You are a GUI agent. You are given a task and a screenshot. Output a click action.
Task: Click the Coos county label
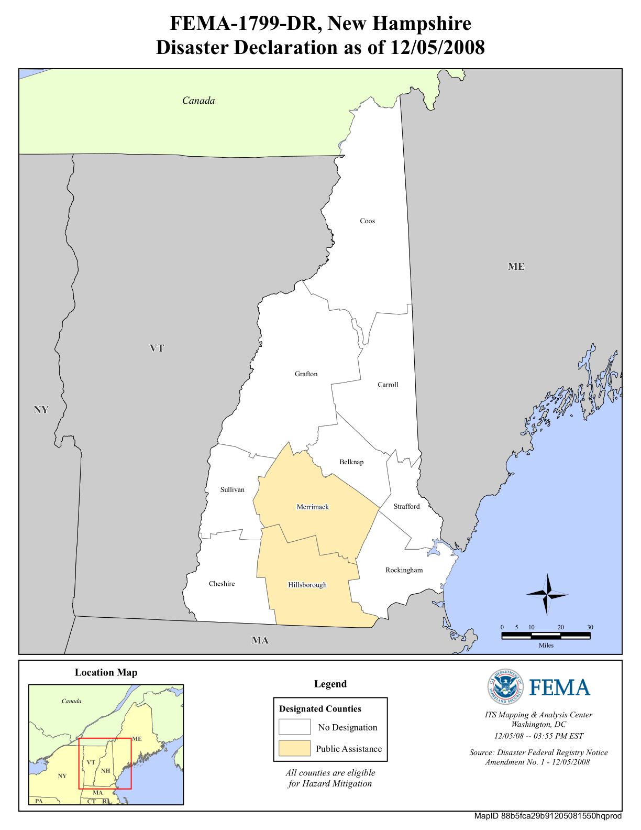pyautogui.click(x=367, y=221)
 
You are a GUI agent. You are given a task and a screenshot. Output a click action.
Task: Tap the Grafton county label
pyautogui.click(x=306, y=374)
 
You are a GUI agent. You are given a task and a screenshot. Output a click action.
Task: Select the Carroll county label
pyautogui.click(x=388, y=385)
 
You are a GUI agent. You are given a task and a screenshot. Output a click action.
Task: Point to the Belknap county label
pyautogui.click(x=351, y=462)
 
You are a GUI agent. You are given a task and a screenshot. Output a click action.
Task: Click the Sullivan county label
pyautogui.click(x=232, y=490)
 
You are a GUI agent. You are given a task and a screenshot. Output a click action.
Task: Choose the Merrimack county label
pyautogui.click(x=313, y=507)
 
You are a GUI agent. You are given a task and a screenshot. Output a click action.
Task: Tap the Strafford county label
pyautogui.click(x=407, y=507)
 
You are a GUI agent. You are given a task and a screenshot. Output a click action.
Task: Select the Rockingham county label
pyautogui.click(x=404, y=570)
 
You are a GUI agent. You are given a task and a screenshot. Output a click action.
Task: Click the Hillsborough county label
pyautogui.click(x=307, y=585)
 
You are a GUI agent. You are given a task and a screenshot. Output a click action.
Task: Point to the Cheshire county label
pyautogui.click(x=222, y=584)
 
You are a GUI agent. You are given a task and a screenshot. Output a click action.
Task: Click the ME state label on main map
pyautogui.click(x=516, y=267)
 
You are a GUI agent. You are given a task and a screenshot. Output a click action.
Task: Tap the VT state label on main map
pyautogui.click(x=157, y=348)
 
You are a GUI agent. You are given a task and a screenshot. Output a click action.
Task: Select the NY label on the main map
pyautogui.click(x=41, y=410)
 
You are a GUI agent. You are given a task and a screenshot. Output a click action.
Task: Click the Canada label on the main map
pyautogui.click(x=198, y=101)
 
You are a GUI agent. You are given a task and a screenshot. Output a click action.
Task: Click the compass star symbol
pyautogui.click(x=548, y=594)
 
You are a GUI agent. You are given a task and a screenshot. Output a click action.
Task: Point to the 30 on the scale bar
pyautogui.click(x=590, y=627)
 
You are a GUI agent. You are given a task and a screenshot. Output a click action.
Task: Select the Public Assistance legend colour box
pyautogui.click(x=294, y=748)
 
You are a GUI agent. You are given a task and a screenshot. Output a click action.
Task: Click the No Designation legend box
pyautogui.click(x=294, y=727)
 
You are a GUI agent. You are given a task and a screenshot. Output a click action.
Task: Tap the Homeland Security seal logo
pyautogui.click(x=505, y=687)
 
